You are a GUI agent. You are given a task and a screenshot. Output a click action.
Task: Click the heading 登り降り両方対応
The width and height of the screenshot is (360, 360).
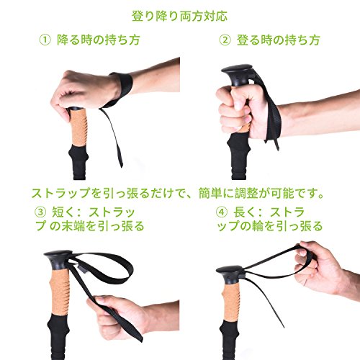[x=179, y=17]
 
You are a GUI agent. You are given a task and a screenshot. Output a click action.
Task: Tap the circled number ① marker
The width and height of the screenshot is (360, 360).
[x=45, y=40]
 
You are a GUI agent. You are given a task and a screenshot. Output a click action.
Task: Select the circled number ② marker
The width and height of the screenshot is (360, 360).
[x=225, y=40]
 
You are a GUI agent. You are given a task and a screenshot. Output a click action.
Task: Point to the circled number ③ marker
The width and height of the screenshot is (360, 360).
[x=40, y=212]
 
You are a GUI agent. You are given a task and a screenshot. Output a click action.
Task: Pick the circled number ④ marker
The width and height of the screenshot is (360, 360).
[x=222, y=212]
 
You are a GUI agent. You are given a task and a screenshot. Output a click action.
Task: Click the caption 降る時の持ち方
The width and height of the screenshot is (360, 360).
[x=99, y=40]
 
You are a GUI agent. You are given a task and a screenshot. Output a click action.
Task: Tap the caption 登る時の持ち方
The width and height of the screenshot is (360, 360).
[x=279, y=40]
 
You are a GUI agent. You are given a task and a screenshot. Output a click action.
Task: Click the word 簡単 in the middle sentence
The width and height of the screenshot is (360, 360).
[x=210, y=193]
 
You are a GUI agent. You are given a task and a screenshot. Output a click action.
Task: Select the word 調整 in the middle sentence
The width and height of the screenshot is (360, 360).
[x=246, y=193]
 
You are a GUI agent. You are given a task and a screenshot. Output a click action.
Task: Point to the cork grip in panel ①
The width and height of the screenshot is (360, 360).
[x=78, y=127]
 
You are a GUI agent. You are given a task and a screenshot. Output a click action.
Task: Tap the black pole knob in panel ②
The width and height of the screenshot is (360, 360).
[x=238, y=74]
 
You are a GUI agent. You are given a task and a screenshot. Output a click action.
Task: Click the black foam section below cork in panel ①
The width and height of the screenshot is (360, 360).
[x=78, y=162]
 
